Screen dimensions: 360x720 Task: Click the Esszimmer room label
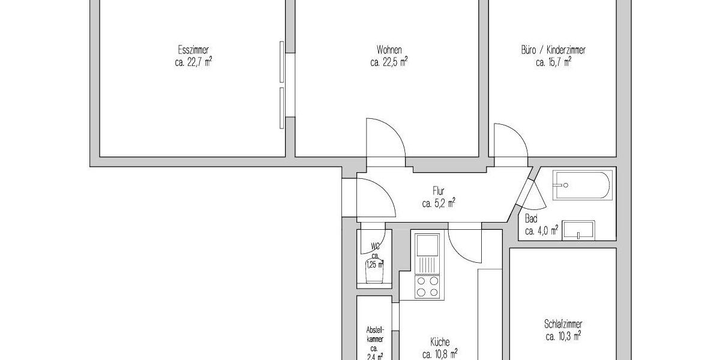(x=193, y=50)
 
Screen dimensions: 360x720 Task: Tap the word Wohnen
(x=389, y=50)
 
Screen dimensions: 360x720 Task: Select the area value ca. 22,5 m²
(x=389, y=61)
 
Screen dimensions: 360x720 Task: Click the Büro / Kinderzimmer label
(x=553, y=50)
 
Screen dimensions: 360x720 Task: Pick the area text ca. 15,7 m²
(x=553, y=61)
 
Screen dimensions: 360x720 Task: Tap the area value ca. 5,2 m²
(x=438, y=203)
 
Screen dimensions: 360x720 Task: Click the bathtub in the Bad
(x=582, y=185)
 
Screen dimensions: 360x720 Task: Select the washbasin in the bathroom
(x=578, y=230)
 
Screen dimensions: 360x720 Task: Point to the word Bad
(x=531, y=218)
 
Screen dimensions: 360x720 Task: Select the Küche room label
(x=439, y=341)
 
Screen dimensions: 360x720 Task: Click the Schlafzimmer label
(x=563, y=325)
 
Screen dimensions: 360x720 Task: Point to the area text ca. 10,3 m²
(x=563, y=337)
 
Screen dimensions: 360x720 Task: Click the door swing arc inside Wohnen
(x=384, y=141)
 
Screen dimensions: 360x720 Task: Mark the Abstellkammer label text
(x=374, y=334)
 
